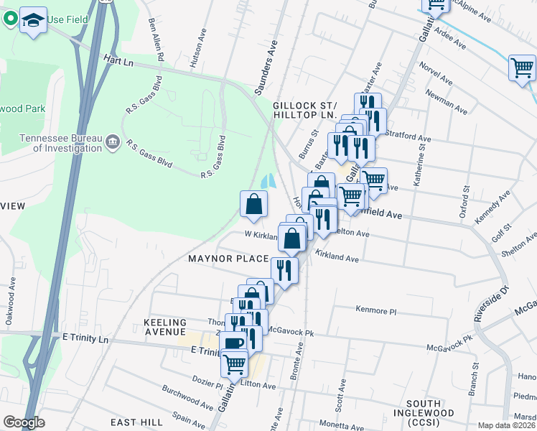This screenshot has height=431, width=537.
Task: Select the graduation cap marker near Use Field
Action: pos(33,21)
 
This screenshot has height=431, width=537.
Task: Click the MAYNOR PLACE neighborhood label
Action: pos(228,258)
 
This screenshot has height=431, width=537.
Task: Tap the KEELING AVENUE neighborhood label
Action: pos(165,328)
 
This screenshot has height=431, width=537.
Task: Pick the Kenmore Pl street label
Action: pos(375,310)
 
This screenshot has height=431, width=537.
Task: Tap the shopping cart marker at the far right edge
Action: pos(522,69)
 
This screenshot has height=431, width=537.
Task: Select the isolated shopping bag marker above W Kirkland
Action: pos(253,203)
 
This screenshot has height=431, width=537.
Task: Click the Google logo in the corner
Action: pos(23,422)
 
